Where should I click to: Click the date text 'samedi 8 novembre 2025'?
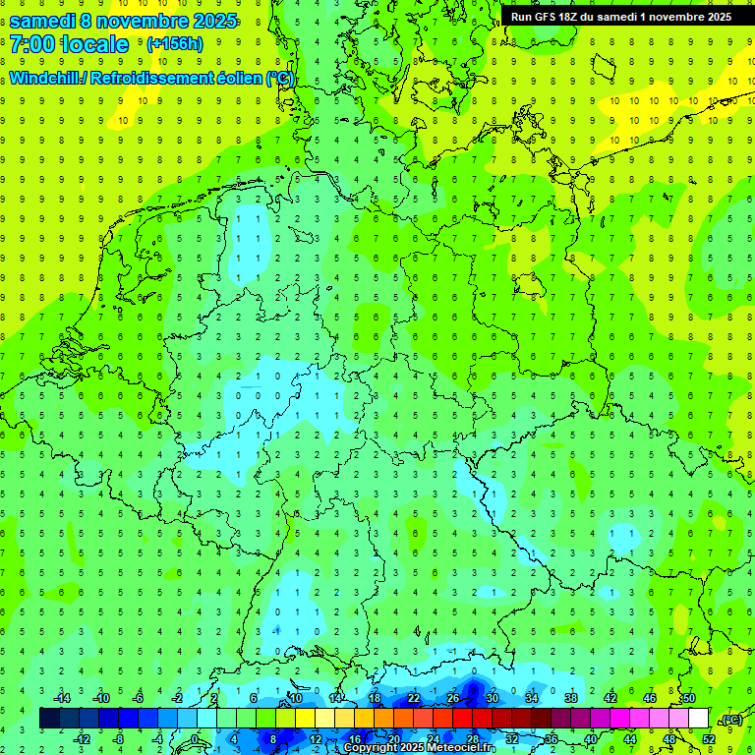123,20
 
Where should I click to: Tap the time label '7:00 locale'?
69,44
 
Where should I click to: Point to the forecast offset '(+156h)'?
174,44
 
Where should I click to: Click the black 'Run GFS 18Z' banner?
620,17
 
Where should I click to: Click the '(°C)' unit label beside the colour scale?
730,720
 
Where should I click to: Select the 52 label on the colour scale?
709,739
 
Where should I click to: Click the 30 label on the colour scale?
493,698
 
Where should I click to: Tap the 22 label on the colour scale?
414,698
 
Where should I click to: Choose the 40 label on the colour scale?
591,739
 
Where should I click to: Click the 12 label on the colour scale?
316,739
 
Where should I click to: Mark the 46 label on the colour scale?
650,698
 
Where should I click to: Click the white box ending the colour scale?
699,719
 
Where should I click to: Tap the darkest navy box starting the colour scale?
49,719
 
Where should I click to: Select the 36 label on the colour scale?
552,739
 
